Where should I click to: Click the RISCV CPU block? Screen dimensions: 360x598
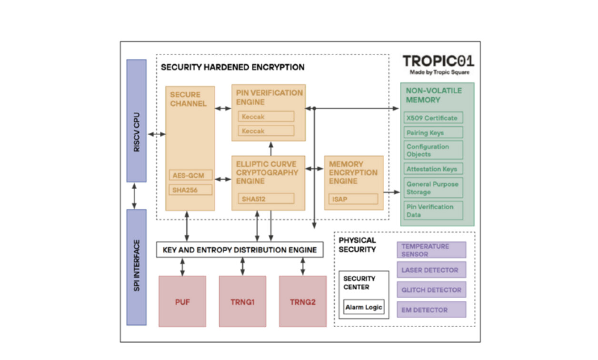[137, 120]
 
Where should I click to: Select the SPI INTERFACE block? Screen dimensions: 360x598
[137, 267]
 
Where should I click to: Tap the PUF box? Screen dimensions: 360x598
[182, 301]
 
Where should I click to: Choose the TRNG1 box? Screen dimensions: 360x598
[242, 301]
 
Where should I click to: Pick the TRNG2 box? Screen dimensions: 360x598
[303, 301]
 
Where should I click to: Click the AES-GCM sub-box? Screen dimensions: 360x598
[189, 175]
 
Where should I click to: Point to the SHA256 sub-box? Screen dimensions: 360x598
[189, 190]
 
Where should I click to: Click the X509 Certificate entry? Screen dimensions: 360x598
[432, 118]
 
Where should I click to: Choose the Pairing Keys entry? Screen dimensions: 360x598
[432, 133]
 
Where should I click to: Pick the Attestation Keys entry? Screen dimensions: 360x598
[432, 169]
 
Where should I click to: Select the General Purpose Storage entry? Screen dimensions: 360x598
[432, 188]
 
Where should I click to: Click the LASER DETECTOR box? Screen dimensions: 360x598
[431, 270]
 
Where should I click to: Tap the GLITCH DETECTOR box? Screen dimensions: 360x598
[431, 290]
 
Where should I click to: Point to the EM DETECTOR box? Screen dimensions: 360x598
[431, 310]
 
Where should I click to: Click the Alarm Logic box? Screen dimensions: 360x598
[364, 307]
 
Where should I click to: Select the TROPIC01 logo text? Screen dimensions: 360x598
[439, 61]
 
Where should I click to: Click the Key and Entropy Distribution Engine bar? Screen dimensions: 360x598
[239, 250]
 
